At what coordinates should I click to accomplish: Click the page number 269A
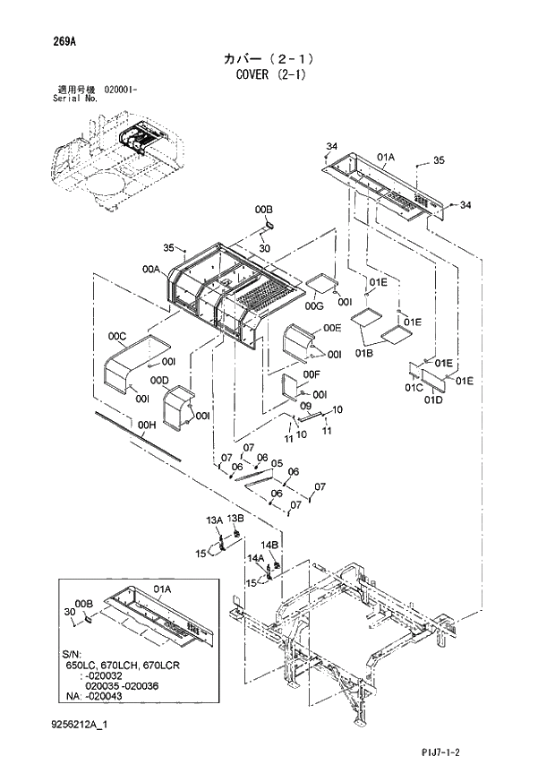click(54, 41)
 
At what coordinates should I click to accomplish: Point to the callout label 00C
click(116, 336)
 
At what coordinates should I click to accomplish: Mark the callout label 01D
click(434, 400)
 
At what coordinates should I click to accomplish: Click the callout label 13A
click(214, 520)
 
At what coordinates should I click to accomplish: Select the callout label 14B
click(270, 545)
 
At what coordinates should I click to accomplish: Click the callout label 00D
click(159, 381)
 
